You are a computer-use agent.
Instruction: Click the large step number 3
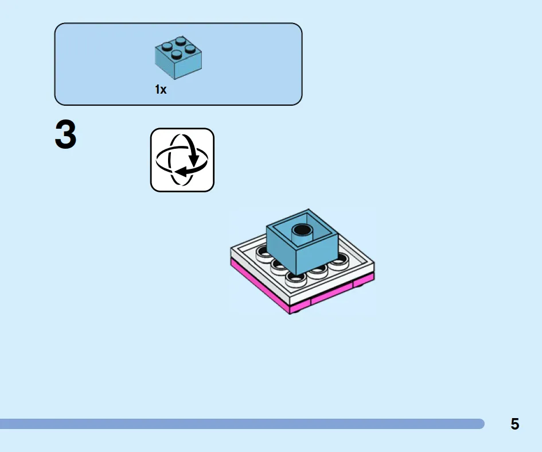[x=66, y=134]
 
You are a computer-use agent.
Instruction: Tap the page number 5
[x=514, y=424]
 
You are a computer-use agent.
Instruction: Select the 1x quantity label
[x=161, y=90]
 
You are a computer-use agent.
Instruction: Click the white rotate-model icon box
[x=182, y=160]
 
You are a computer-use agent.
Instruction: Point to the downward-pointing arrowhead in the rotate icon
[x=194, y=161]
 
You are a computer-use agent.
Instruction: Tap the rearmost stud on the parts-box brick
[x=181, y=41]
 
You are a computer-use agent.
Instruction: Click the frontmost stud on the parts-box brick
[x=177, y=55]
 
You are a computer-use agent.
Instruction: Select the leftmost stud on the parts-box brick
[x=167, y=47]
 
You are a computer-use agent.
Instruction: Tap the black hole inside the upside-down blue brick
[x=302, y=229]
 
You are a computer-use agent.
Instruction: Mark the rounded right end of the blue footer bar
[x=481, y=424]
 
